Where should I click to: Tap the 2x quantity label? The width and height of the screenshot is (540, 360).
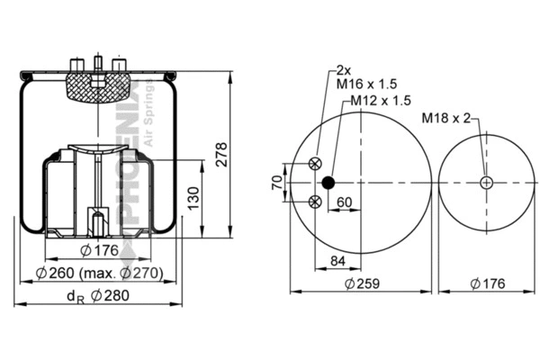(343, 69)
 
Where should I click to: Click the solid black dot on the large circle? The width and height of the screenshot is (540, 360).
(328, 183)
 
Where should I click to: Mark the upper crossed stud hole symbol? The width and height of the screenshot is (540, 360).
(314, 164)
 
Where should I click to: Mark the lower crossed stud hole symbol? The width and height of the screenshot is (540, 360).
(314, 202)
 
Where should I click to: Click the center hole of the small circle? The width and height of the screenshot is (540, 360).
(487, 183)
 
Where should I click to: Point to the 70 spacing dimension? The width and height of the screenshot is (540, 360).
(278, 183)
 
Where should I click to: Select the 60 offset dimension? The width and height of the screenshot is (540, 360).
(345, 202)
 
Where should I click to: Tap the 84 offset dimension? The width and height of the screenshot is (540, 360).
(338, 261)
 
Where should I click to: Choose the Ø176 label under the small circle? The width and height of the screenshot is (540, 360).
(487, 283)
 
